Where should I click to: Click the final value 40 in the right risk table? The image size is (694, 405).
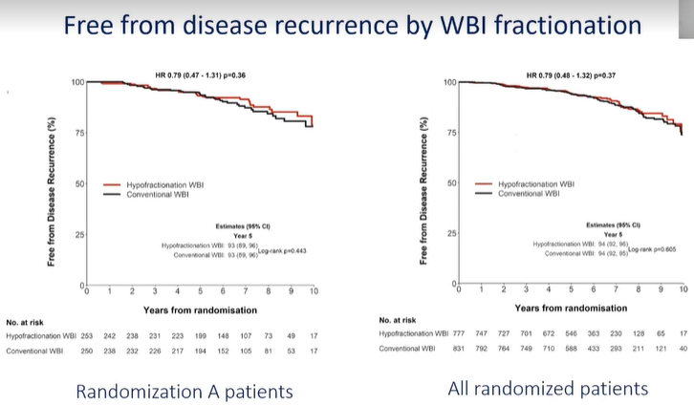pyautogui.click(x=683, y=349)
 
